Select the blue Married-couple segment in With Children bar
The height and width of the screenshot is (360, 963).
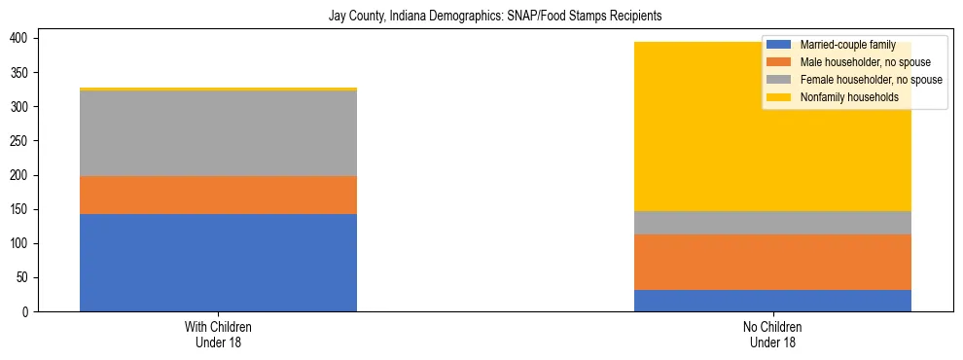click(218, 263)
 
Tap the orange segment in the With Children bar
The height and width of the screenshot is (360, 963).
click(218, 195)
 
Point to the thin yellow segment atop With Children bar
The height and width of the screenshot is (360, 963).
click(218, 89)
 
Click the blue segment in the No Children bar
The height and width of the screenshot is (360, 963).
click(772, 301)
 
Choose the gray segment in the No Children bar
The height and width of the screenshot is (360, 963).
click(772, 223)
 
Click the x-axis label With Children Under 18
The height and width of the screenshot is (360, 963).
click(218, 334)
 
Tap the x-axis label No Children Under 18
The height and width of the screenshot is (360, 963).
click(772, 334)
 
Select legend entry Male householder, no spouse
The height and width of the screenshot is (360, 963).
click(862, 62)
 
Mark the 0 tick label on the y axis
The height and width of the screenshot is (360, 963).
click(28, 312)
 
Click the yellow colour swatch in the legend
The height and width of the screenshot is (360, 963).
click(779, 97)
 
